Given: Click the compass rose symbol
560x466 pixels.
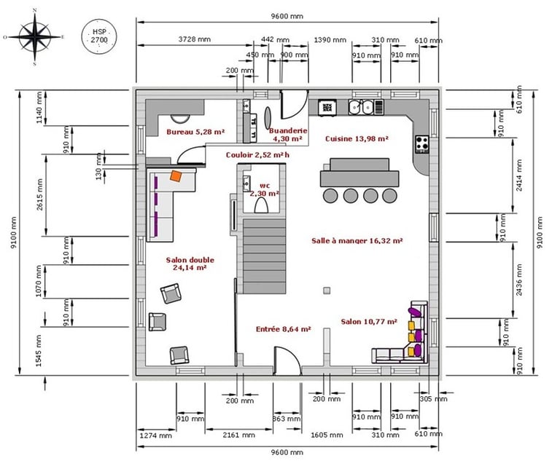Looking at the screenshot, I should (34, 36).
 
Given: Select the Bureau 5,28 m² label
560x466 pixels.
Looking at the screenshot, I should (195, 132).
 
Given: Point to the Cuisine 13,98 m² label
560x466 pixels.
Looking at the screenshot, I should (356, 138).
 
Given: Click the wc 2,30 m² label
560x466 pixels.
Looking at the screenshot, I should (263, 189).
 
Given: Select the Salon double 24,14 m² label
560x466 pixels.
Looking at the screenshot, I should (187, 264).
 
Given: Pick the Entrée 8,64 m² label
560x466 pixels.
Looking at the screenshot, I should (283, 329).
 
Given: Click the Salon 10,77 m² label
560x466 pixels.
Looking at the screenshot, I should (368, 321).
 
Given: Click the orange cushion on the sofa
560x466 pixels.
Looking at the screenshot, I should (176, 175).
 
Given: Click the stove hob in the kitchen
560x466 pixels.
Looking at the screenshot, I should (421, 143).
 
